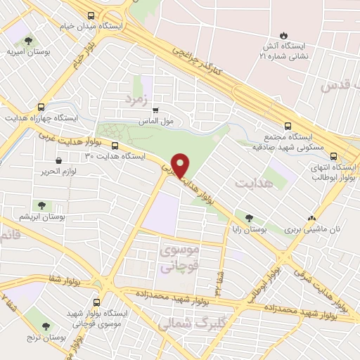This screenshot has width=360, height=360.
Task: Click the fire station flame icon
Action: [283, 35]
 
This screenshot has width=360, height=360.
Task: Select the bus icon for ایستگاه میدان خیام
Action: [90, 15]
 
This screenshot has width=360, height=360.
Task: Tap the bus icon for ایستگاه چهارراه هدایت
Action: [41, 108]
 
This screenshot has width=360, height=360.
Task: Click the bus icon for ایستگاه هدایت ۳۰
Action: [115, 146]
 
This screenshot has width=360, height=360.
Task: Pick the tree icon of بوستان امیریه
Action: [27, 41]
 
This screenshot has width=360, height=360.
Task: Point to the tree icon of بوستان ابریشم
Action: [41, 206]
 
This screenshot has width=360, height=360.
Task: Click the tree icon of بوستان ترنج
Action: [46, 326]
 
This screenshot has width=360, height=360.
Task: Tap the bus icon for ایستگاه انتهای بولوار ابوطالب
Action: [333, 157]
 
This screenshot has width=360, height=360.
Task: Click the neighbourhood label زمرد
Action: [139, 99]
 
